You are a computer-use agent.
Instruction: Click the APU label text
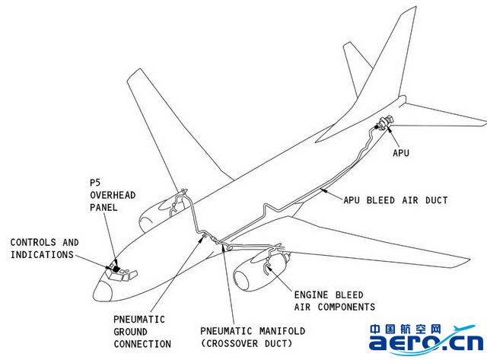point(401,153)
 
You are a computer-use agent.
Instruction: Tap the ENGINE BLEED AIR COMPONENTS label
point(334,301)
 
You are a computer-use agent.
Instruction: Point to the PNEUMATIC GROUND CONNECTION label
point(142,331)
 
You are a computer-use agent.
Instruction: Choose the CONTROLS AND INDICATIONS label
point(43,248)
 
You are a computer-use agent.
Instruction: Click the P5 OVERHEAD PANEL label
point(112,196)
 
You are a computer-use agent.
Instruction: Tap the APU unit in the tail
point(384,123)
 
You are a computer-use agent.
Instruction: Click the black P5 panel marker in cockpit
point(115,268)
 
